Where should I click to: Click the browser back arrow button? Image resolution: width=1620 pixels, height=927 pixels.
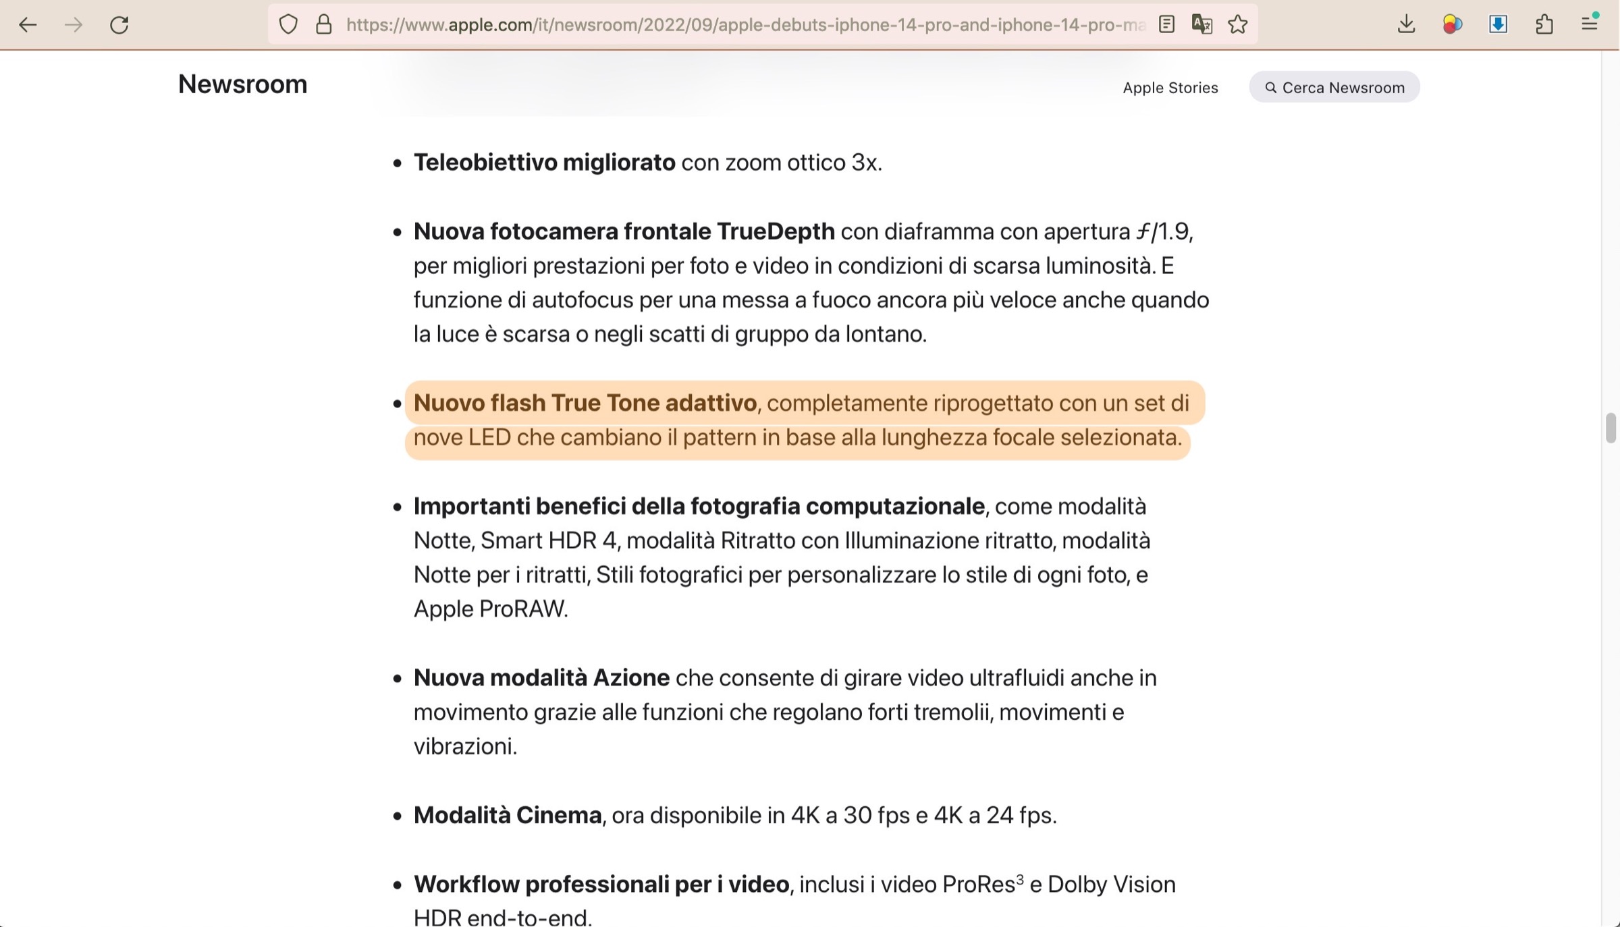(28, 25)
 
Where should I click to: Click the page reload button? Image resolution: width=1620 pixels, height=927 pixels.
(119, 25)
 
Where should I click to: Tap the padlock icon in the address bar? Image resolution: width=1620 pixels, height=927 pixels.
(324, 25)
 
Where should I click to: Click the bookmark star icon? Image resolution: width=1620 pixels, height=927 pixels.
(1238, 25)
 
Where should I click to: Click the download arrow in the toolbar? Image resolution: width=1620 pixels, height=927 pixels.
(1406, 25)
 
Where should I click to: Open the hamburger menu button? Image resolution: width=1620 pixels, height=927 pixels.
(1590, 25)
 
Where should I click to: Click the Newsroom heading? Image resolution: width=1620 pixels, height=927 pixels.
(242, 84)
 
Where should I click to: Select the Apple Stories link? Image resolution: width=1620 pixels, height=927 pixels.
(1170, 88)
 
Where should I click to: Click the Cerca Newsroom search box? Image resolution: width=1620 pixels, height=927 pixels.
(1334, 88)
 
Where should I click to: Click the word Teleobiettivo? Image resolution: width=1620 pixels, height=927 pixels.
(485, 163)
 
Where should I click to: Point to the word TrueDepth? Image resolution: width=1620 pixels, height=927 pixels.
(776, 231)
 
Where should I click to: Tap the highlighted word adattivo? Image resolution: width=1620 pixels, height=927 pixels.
(710, 403)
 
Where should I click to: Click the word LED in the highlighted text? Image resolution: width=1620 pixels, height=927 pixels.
(489, 437)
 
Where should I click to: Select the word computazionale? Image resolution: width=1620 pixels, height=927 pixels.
(895, 506)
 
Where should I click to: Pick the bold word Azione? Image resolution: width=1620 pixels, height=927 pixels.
(630, 677)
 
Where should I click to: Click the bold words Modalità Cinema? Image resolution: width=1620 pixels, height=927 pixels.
(507, 815)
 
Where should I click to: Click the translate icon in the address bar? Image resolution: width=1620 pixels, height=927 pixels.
(1201, 25)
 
